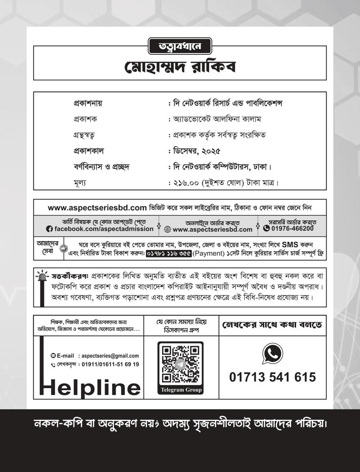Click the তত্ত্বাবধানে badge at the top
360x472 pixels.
[180, 45]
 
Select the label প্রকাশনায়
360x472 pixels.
[88, 103]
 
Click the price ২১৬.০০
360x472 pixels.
[188, 183]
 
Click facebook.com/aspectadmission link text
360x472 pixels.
[104, 229]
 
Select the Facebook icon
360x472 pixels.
[49, 229]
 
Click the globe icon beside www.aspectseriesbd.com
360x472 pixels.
[167, 229]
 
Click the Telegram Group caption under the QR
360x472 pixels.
[180, 390]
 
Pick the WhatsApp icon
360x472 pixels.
[272, 354]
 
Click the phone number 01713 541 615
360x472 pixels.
[272, 377]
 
